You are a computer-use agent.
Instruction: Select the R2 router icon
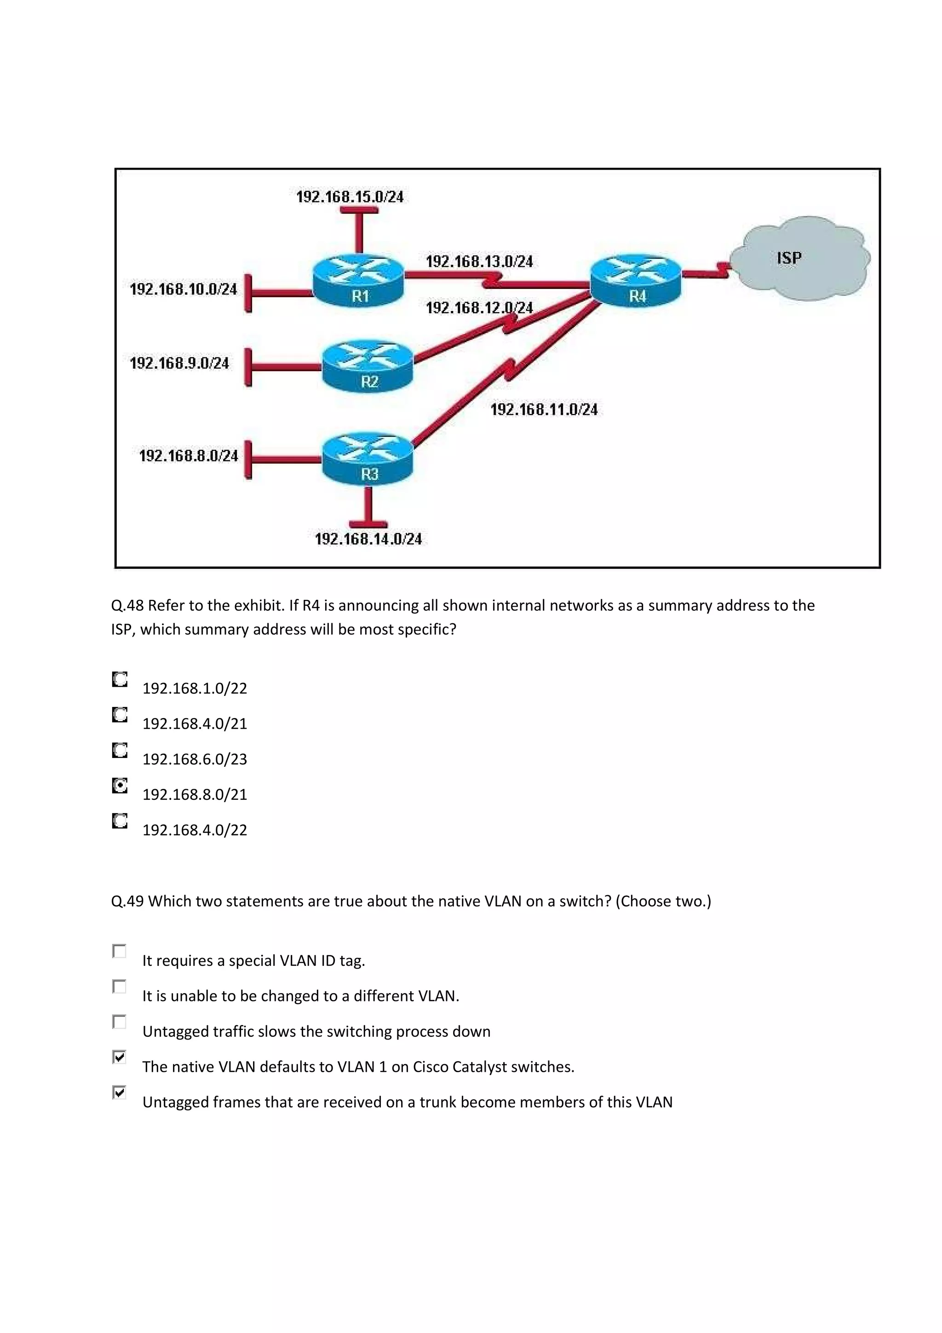[368, 366]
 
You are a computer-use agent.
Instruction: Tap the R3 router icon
[368, 459]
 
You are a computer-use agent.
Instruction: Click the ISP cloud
[798, 259]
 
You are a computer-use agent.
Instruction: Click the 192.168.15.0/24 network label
[350, 197]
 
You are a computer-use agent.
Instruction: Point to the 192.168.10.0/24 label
[184, 289]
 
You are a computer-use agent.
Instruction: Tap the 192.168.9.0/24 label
[179, 363]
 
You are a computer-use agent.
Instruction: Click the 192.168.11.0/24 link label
[544, 410]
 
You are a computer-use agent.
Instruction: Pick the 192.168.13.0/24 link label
[479, 262]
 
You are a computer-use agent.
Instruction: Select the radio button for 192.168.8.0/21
[120, 786]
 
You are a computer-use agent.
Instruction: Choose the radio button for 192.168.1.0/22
[120, 680]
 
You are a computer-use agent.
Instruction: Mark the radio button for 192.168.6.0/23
[120, 751]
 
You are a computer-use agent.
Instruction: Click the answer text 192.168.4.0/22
[195, 830]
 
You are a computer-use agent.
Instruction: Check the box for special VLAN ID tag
[119, 951]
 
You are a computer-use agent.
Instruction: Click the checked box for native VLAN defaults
[119, 1057]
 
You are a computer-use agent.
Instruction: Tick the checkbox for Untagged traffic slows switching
[119, 1022]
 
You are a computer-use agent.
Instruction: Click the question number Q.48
[127, 605]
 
